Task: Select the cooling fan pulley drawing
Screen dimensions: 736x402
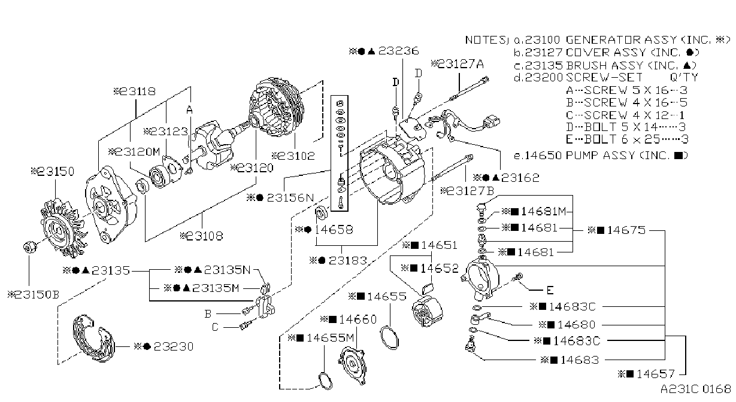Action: tap(63, 228)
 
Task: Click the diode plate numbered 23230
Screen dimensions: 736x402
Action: tap(93, 339)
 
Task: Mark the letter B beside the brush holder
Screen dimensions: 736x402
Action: tap(208, 313)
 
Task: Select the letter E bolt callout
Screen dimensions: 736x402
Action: tap(550, 290)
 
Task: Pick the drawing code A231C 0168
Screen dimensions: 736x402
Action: tap(696, 389)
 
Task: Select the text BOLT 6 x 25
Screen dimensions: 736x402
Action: tap(613, 139)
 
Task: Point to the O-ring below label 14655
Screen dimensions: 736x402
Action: tap(389, 337)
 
